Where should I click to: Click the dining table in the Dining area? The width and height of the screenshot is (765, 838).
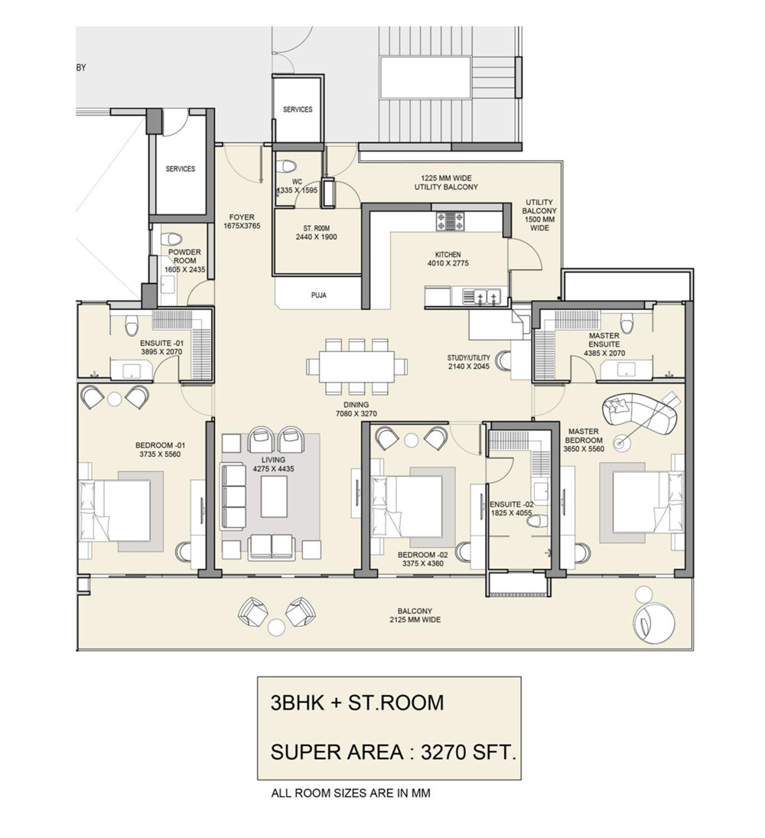pyautogui.click(x=357, y=365)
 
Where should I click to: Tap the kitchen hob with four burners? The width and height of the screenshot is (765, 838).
pyautogui.click(x=450, y=221)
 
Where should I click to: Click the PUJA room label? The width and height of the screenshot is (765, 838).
pyautogui.click(x=319, y=294)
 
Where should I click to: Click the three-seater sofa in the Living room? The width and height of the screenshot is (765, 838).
pyautogui.click(x=233, y=495)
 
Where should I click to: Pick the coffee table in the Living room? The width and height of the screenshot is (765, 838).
pyautogui.click(x=274, y=497)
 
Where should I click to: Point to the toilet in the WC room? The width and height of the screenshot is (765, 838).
pyautogui.click(x=288, y=166)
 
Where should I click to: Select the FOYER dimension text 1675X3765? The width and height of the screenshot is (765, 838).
pyautogui.click(x=243, y=227)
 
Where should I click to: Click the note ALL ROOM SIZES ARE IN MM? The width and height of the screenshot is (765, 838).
pyautogui.click(x=350, y=794)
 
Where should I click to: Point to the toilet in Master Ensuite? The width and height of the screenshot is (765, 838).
pyautogui.click(x=627, y=321)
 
